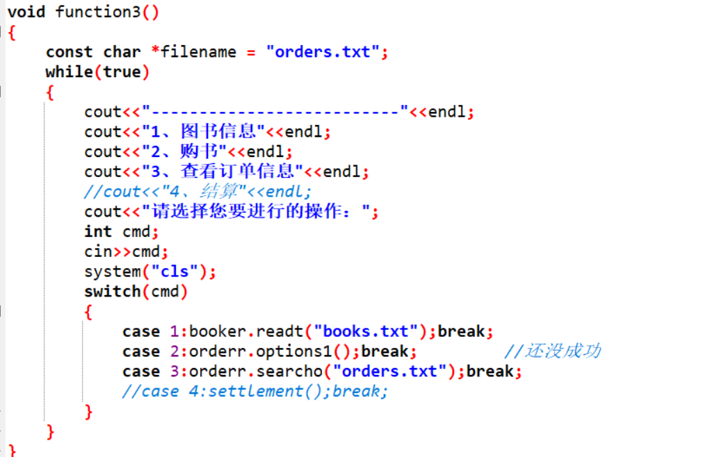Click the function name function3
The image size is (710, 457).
[x=98, y=12]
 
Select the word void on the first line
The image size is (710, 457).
[x=26, y=12]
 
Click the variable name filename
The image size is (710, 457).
[x=198, y=52]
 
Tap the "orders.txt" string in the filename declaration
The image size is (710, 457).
[x=323, y=52]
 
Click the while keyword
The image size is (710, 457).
[x=70, y=72]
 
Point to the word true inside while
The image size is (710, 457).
[x=122, y=72]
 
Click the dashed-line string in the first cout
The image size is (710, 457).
[x=275, y=112]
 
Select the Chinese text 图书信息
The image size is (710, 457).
[x=218, y=131]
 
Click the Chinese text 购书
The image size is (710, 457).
[x=200, y=151]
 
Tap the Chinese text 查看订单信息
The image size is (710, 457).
[x=237, y=172]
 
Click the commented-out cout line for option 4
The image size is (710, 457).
[x=197, y=192]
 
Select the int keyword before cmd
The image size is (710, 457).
[x=98, y=231]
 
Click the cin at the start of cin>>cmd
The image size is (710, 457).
[x=98, y=251]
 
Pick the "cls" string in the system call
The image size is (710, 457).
[x=175, y=272]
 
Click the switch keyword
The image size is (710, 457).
[x=112, y=292]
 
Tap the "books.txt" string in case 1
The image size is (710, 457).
[x=365, y=331]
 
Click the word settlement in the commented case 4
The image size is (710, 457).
[x=255, y=392]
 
